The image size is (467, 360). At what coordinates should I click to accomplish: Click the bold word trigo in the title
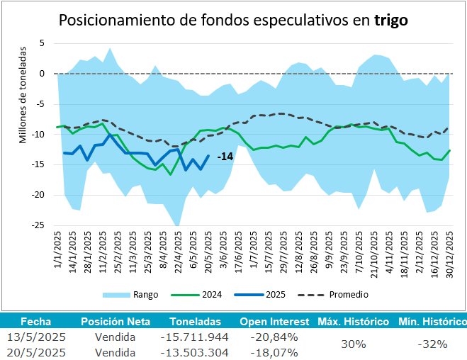click(390, 20)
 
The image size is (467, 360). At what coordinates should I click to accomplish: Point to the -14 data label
click(225, 156)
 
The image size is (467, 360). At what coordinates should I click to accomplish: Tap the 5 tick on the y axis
click(42, 43)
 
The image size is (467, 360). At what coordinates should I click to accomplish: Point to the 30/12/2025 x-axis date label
click(446, 253)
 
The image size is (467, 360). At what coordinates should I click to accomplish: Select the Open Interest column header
click(274, 321)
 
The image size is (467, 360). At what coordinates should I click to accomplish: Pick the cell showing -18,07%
click(274, 352)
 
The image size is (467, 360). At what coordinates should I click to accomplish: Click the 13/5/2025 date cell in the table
click(34, 337)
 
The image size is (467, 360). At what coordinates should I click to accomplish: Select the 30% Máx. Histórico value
click(352, 344)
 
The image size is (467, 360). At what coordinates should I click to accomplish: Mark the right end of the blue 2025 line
click(208, 156)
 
